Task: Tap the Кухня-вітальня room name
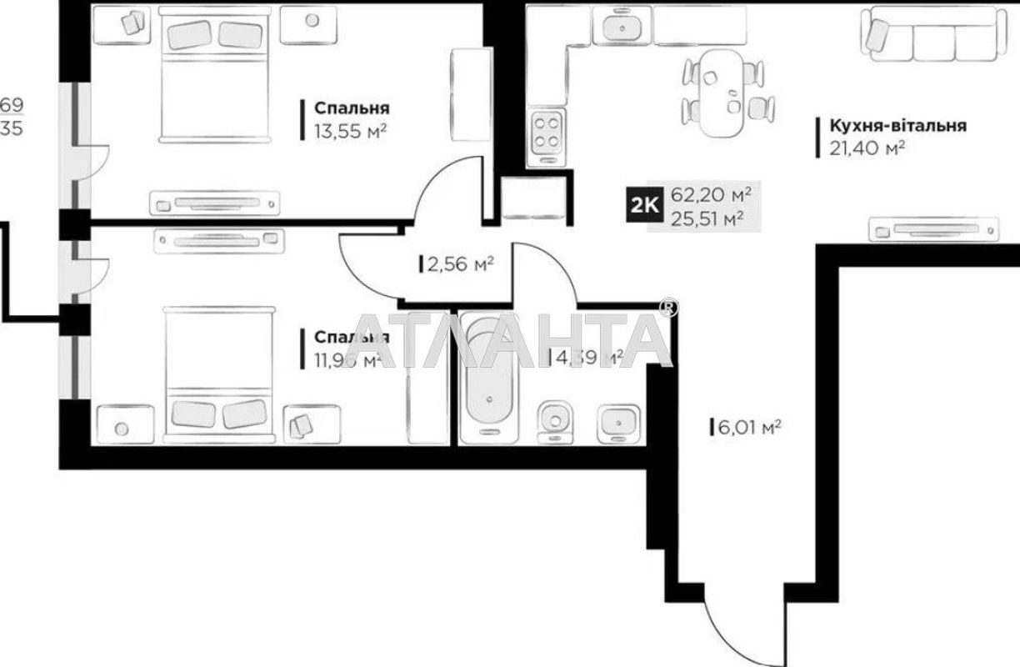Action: click(897, 126)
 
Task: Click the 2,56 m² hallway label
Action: click(459, 264)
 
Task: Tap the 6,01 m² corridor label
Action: click(747, 427)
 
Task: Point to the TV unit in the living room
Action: click(933, 228)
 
